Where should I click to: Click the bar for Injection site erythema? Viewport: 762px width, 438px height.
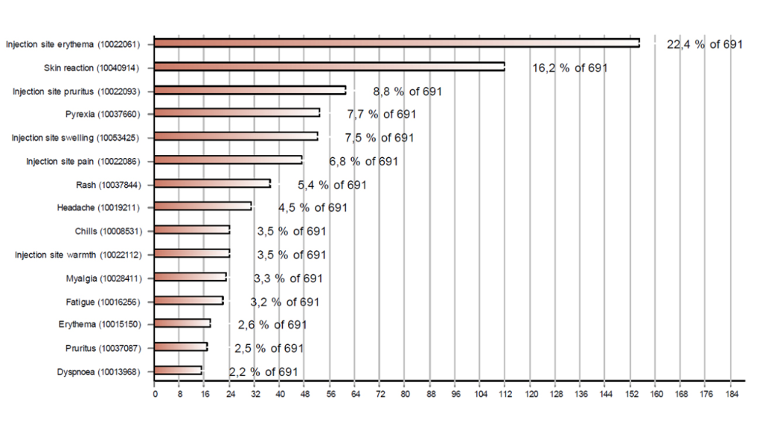coord(397,43)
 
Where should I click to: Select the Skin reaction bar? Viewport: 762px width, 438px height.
coord(330,67)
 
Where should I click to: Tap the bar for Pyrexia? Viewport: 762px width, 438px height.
coord(237,113)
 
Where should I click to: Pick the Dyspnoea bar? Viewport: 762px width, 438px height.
coord(178,371)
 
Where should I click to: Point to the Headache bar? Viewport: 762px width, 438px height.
coord(203,206)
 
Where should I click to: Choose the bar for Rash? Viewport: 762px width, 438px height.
coord(212,183)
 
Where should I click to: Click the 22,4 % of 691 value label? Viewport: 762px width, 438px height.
coord(705,45)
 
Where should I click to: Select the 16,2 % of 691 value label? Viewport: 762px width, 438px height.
coord(570,68)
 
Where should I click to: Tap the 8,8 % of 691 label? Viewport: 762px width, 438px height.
coord(408,92)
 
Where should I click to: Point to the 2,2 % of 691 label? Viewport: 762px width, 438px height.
coord(264,372)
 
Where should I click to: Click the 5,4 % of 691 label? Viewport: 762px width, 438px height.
coord(333,185)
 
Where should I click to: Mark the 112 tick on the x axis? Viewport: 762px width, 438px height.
coord(505,394)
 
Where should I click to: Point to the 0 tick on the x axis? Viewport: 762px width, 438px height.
coord(155,394)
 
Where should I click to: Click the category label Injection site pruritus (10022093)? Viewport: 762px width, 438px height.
coord(77,92)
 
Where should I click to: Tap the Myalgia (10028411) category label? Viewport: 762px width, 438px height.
coord(104,279)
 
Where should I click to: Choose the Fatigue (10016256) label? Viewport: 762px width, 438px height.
coord(103,302)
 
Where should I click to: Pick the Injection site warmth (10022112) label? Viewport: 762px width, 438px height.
coord(78,255)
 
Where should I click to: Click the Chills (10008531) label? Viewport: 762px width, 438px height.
coord(109,231)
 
